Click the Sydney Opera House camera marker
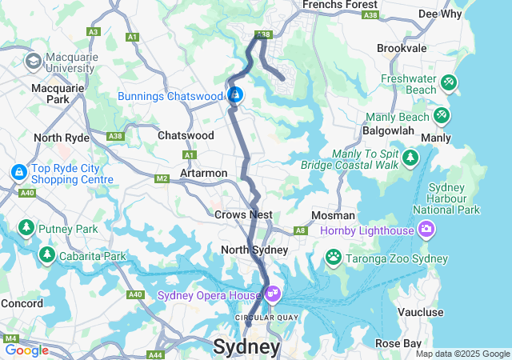[x=274, y=294]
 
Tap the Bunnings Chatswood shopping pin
[x=235, y=96]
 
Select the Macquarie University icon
[x=34, y=61]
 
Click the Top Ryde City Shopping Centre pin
[x=18, y=171]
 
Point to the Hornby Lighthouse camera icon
[x=426, y=230]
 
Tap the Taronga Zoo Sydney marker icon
[x=333, y=257]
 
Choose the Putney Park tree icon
[x=26, y=228]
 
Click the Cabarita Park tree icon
[x=47, y=254]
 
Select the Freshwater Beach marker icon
[x=449, y=81]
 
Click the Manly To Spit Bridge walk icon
[x=411, y=156]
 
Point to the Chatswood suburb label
[x=186, y=136]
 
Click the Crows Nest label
[x=243, y=215]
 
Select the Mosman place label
[x=334, y=216]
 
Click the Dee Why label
[x=439, y=14]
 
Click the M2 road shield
[x=162, y=178]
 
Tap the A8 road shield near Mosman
[x=301, y=230]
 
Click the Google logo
[x=26, y=350]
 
